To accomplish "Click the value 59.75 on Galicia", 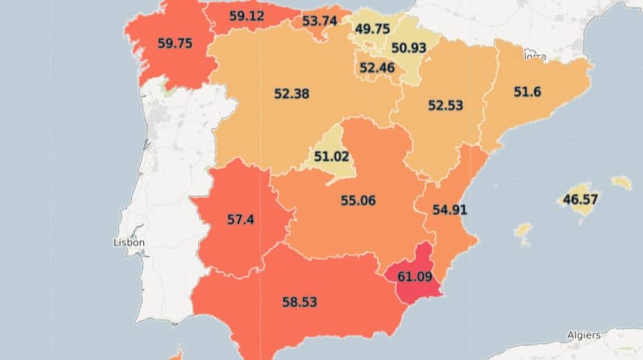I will point(175,44).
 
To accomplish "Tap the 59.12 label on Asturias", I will point(246,16).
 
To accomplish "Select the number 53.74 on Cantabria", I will point(320,21).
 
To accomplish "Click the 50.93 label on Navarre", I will point(409,48).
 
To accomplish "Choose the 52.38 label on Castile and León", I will point(291,94).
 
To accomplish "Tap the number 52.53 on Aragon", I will point(445,106).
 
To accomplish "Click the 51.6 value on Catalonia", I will point(527,92).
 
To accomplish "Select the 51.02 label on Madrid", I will point(331,156).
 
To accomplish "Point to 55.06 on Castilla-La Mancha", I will point(358,200).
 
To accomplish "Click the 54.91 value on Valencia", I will point(450,210).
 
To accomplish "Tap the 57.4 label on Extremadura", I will point(240,220).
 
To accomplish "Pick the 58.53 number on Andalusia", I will point(300,302).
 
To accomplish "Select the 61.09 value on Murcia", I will point(416,276).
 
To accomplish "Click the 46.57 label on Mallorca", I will point(580,200).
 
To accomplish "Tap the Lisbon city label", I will point(129,243).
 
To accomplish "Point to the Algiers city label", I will point(583,335).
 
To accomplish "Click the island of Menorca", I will point(622,182).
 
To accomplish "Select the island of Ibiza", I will point(522,229).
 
